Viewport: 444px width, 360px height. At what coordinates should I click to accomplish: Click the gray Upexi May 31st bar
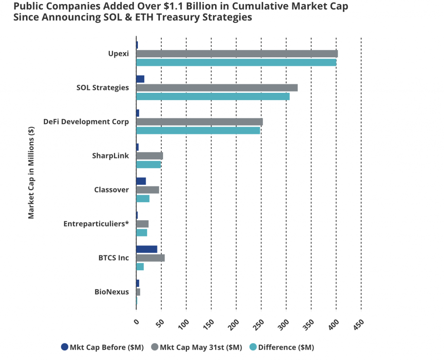(x=237, y=54)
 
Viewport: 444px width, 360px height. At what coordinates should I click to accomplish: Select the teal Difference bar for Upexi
(x=236, y=62)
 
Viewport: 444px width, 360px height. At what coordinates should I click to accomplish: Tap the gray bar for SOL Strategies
(x=217, y=88)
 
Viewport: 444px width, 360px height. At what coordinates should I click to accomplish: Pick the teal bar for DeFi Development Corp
(x=198, y=130)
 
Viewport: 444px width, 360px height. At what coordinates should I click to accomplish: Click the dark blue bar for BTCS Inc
(x=147, y=249)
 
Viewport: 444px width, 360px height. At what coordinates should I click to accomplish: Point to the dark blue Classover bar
(x=141, y=181)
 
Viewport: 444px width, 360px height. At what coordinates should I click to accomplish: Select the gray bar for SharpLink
(x=150, y=156)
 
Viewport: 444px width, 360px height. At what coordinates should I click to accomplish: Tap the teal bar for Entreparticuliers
(x=142, y=232)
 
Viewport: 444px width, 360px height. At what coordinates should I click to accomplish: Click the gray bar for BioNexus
(x=138, y=292)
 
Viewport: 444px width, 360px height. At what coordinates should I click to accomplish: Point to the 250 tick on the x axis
(x=260, y=324)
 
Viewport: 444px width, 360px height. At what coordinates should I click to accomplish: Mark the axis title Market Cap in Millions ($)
(x=31, y=172)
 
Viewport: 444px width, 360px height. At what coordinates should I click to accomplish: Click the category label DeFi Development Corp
(x=86, y=121)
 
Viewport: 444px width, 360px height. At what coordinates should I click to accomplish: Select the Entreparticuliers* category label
(x=96, y=224)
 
